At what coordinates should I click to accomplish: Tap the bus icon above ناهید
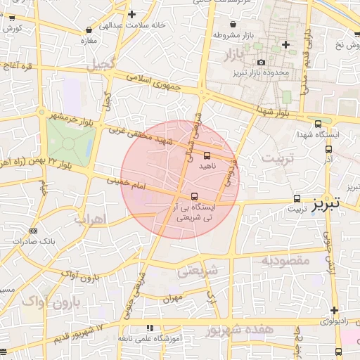207,155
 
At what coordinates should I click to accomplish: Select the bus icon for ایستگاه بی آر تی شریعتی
195,196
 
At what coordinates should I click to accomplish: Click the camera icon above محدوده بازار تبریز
261,63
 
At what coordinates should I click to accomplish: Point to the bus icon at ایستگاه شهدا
319,123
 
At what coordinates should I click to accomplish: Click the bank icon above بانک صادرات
34,231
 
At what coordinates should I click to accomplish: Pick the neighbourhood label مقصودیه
285,261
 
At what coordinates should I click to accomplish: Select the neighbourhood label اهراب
89,219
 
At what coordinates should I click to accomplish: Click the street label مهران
172,299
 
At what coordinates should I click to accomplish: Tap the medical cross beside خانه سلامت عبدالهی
131,14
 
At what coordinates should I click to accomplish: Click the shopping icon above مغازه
88,30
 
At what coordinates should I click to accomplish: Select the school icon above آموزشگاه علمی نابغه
149,328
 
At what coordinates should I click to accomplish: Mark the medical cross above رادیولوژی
335,310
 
